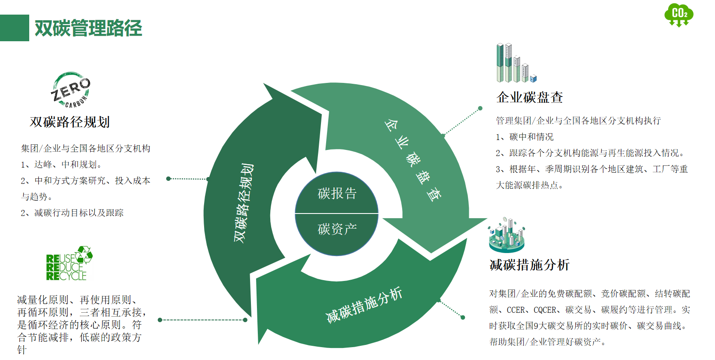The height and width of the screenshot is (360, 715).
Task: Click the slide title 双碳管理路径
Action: tap(88, 28)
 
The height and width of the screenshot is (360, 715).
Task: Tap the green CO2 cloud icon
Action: tap(678, 15)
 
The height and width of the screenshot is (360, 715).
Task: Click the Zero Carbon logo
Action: tap(71, 90)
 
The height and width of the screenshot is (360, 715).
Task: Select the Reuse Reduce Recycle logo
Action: tap(69, 264)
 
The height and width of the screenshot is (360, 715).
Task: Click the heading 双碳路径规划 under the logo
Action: tap(70, 122)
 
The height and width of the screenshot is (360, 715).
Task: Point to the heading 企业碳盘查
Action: tap(529, 98)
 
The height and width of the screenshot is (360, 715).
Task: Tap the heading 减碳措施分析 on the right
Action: tap(529, 265)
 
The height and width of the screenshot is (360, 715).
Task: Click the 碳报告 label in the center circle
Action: tap(337, 194)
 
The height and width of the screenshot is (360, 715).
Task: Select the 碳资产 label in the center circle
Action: tap(337, 229)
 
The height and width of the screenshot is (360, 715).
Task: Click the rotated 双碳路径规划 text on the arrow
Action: tap(244, 203)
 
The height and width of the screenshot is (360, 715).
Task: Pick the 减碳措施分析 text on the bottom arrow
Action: tap(364, 305)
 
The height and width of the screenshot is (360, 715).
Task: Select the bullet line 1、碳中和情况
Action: tap(524, 137)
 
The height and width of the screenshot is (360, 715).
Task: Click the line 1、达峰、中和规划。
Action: tap(61, 165)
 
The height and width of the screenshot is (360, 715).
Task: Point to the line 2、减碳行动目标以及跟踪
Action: tap(72, 213)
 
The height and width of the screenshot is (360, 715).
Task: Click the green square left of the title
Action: tap(14, 28)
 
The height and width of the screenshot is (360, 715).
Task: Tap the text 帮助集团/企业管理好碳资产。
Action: tap(547, 342)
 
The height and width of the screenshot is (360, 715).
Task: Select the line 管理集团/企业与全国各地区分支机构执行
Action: tap(578, 121)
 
